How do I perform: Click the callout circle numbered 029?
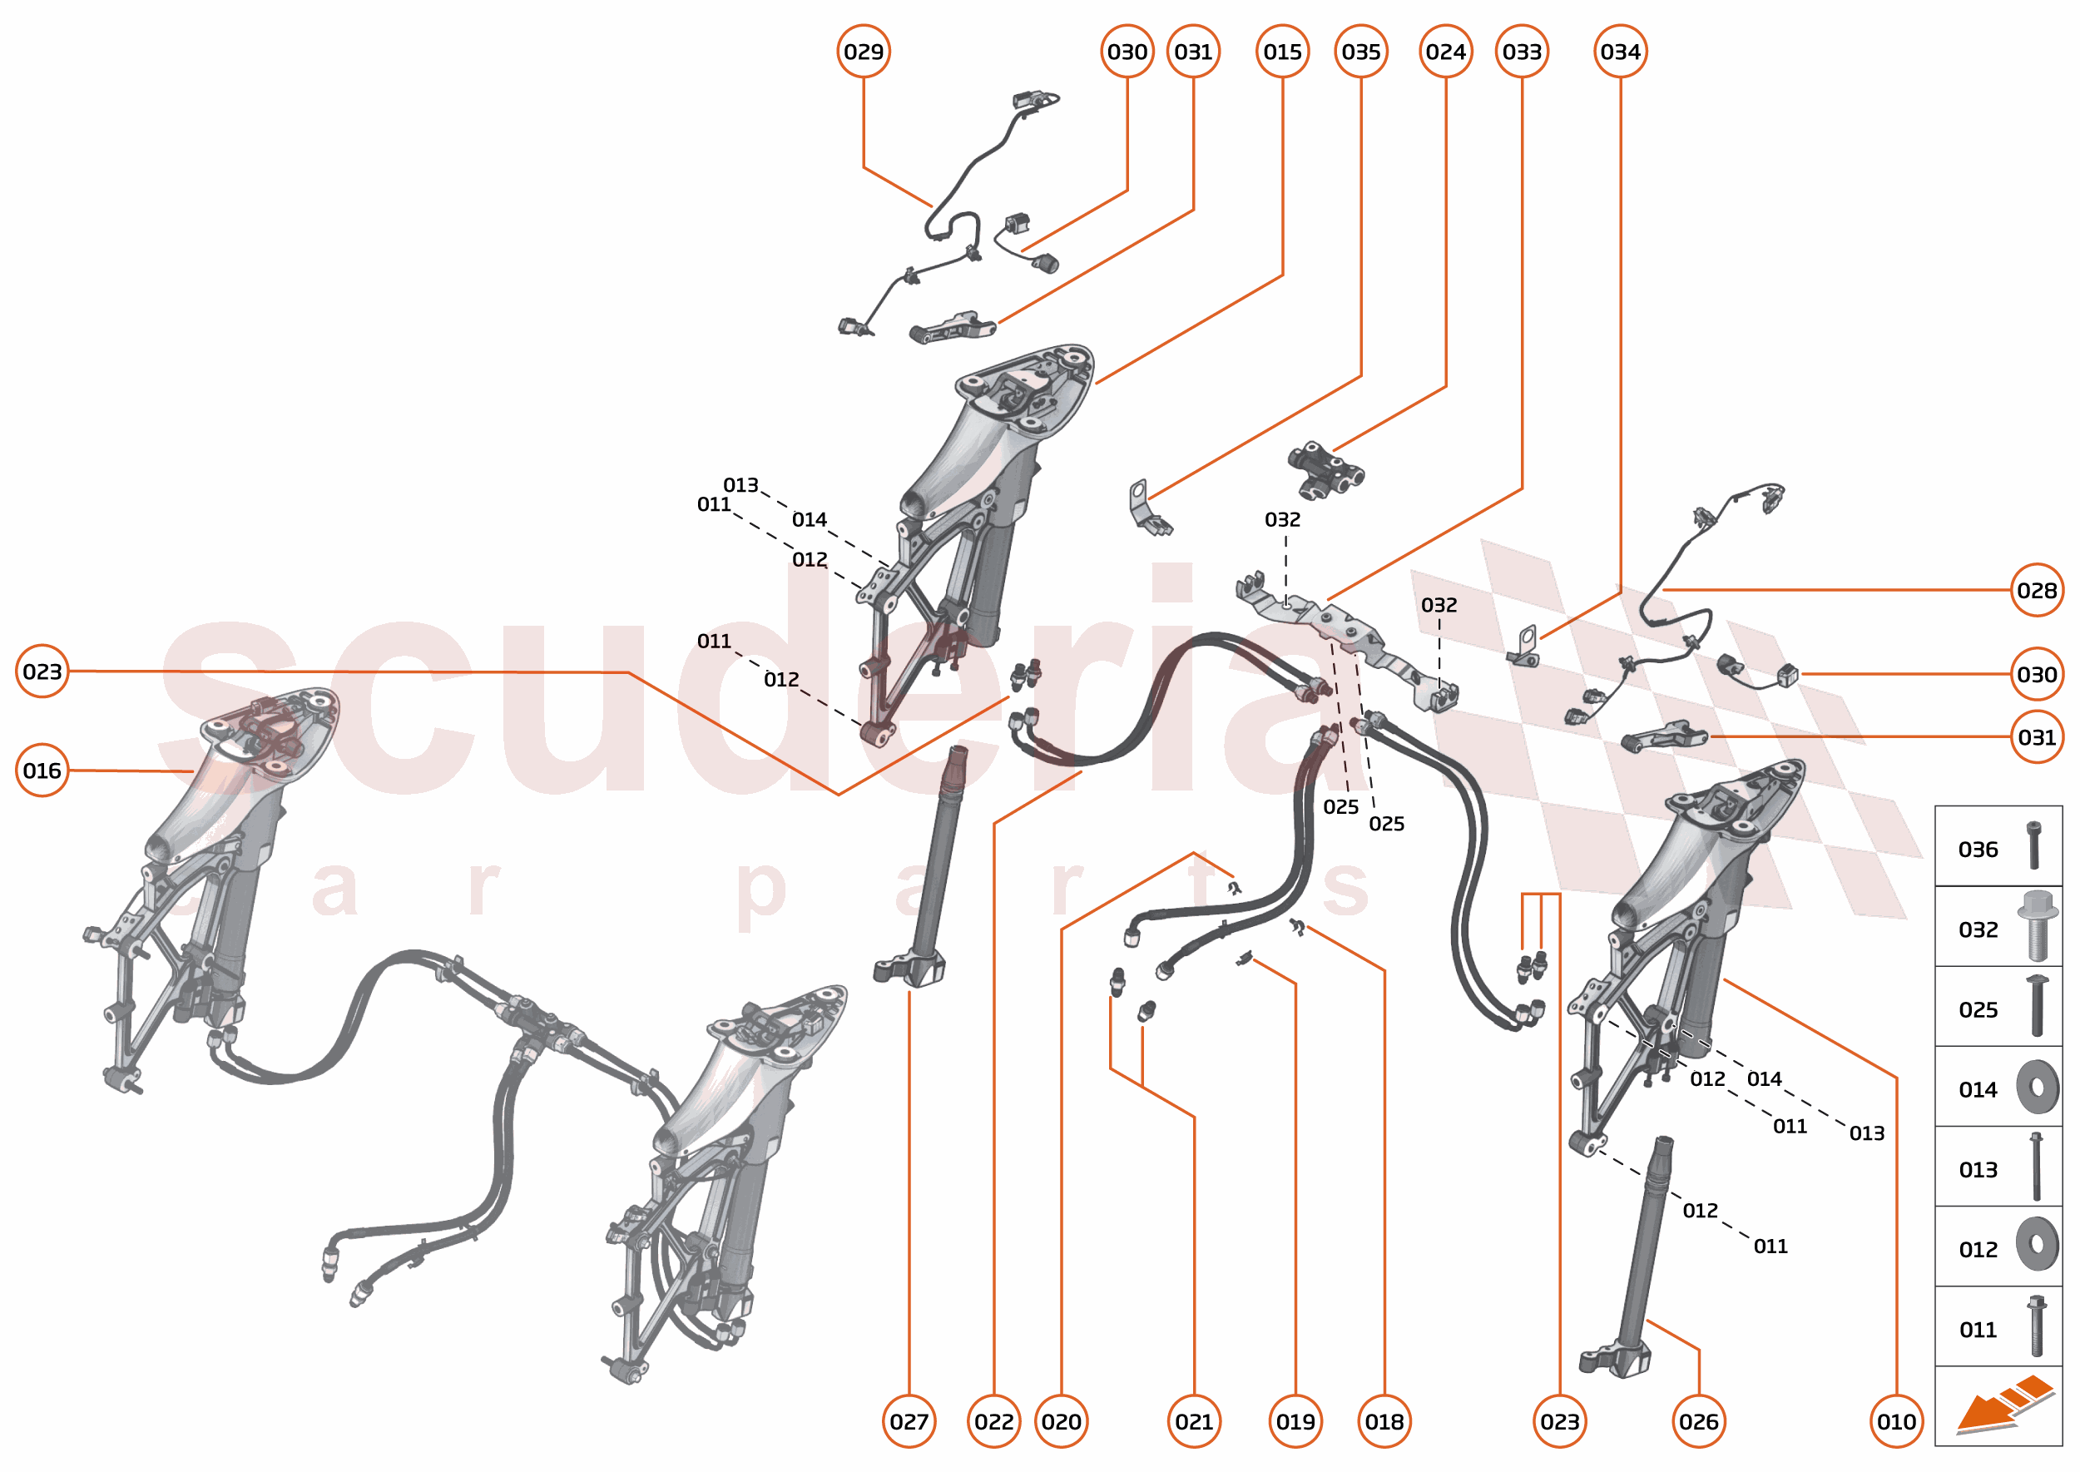[x=863, y=52]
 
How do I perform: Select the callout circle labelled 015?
[x=1282, y=52]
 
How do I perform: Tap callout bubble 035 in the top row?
[x=1360, y=52]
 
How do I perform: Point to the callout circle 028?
[x=2037, y=590]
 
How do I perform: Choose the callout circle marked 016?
[x=42, y=771]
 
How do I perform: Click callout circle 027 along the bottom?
[x=909, y=1421]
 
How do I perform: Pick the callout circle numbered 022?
[x=993, y=1421]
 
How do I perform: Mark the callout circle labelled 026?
[x=1697, y=1421]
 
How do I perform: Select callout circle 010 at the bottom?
[x=1896, y=1421]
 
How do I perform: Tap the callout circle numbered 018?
[x=1384, y=1421]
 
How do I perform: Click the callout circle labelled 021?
[x=1194, y=1421]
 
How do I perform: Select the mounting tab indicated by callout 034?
[x=1525, y=646]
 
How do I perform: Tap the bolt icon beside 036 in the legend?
[x=2033, y=845]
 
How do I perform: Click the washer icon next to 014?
[x=2037, y=1087]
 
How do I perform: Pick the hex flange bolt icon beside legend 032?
[x=2036, y=924]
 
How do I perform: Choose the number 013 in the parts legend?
[x=1978, y=1169]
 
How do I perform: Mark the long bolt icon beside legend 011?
[x=2036, y=1326]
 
